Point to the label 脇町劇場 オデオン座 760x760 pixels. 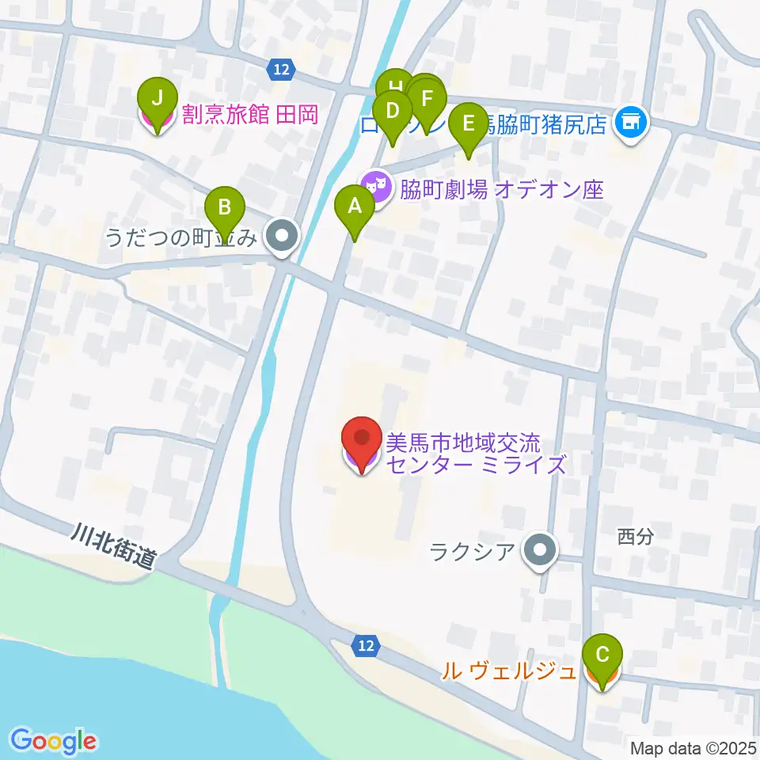click(502, 190)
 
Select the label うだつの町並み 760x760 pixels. click(181, 237)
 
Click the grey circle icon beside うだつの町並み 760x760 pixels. click(281, 236)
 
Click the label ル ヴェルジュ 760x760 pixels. click(508, 672)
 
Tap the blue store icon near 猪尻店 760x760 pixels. click(630, 123)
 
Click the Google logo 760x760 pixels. click(54, 740)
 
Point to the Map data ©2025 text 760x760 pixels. click(693, 747)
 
